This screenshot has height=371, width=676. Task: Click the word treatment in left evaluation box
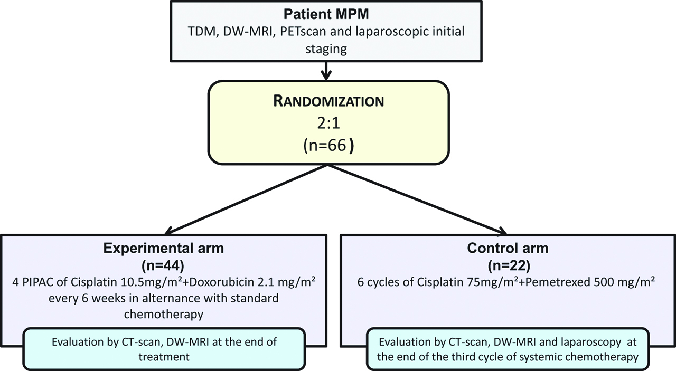coord(164,357)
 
